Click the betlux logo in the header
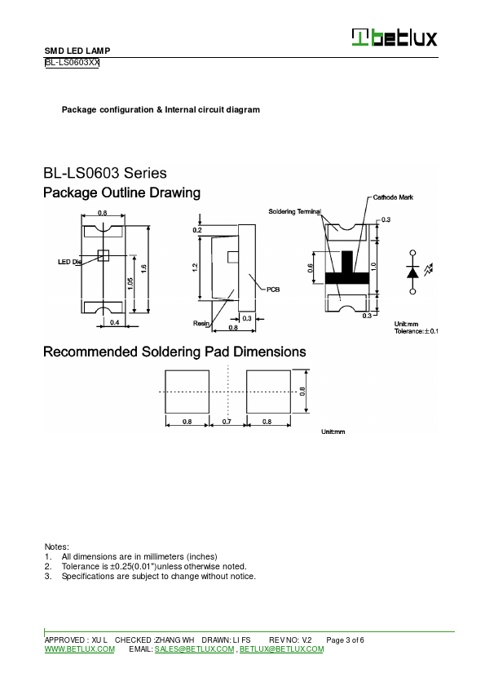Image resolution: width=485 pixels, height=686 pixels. [394, 38]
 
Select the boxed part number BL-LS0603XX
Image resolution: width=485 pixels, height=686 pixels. [72, 62]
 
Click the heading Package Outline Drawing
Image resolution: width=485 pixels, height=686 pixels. [121, 193]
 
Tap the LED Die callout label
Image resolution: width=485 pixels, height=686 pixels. [70, 262]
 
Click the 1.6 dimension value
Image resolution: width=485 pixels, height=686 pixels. [143, 267]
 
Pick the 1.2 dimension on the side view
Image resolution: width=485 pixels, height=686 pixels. [196, 267]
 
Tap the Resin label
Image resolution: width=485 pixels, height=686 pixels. [201, 324]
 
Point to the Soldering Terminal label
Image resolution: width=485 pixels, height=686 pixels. [294, 211]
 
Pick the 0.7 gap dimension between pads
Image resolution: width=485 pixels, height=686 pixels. [227, 422]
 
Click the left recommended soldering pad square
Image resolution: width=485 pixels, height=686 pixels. [187, 392]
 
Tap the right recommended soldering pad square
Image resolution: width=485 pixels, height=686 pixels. [267, 392]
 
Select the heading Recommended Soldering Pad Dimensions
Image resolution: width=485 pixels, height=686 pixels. [174, 352]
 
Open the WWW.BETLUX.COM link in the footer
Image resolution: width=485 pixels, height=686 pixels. [79, 649]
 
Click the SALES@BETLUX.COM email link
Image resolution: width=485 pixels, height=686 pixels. [194, 649]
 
